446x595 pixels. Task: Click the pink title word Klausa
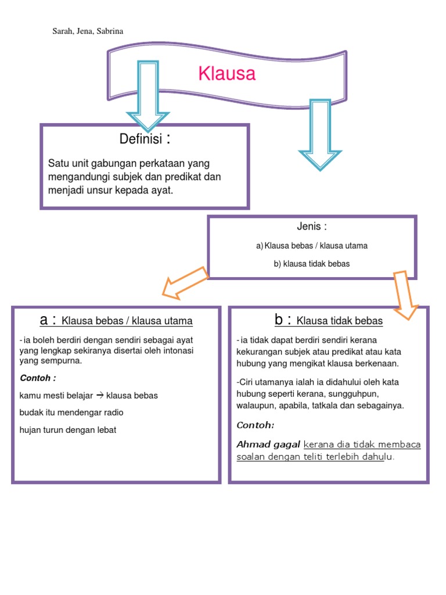tap(226, 74)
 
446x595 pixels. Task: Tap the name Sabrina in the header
tap(110, 31)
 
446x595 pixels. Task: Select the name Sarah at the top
tap(62, 31)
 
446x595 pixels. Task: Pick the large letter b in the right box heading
tap(279, 320)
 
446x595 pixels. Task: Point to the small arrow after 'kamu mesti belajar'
tap(99, 395)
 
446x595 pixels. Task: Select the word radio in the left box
tap(111, 413)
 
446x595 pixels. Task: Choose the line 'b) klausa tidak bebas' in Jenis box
tap(312, 264)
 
